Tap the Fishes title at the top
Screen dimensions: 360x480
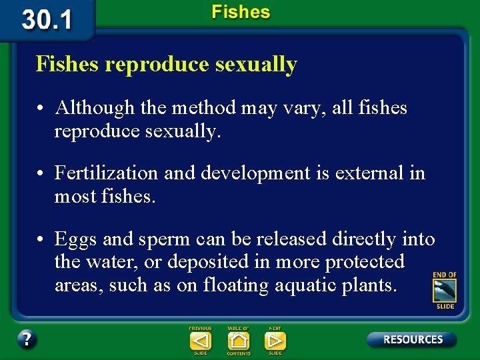(241, 12)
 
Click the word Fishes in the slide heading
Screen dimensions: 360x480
(68, 65)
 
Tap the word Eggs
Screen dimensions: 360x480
(73, 239)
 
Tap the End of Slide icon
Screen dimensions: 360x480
(444, 291)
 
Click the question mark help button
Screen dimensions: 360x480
(27, 339)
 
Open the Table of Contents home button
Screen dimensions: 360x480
(238, 341)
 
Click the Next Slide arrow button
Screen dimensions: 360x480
(275, 341)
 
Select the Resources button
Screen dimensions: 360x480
(412, 339)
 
